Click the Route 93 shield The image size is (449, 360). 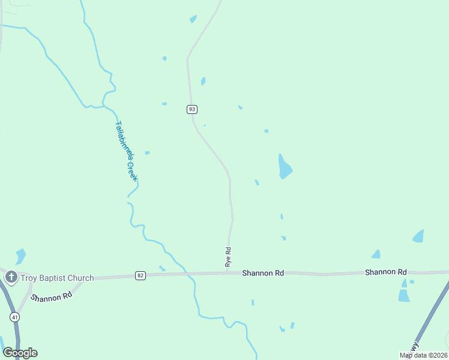[x=191, y=109]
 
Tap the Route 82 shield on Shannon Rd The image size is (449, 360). [x=140, y=275]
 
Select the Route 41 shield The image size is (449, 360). [x=14, y=316]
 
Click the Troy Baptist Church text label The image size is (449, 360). [x=57, y=278]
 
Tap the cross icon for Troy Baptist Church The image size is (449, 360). [x=11, y=277]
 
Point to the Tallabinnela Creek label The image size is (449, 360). [x=126, y=151]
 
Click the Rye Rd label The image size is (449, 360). [x=228, y=257]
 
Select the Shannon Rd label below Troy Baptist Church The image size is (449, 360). [x=52, y=297]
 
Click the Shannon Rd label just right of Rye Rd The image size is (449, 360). [x=263, y=273]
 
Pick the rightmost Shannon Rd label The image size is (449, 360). [x=386, y=272]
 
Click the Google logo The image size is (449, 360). [x=20, y=353]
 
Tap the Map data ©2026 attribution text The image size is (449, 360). [x=423, y=355]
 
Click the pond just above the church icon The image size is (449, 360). [x=21, y=256]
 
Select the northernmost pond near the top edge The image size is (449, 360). [x=193, y=19]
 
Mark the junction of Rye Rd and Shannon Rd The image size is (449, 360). [x=228, y=273]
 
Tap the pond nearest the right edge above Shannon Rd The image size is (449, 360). [x=418, y=236]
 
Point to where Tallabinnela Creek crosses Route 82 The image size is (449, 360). [x=186, y=274]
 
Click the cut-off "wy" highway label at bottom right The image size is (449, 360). [x=413, y=347]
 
